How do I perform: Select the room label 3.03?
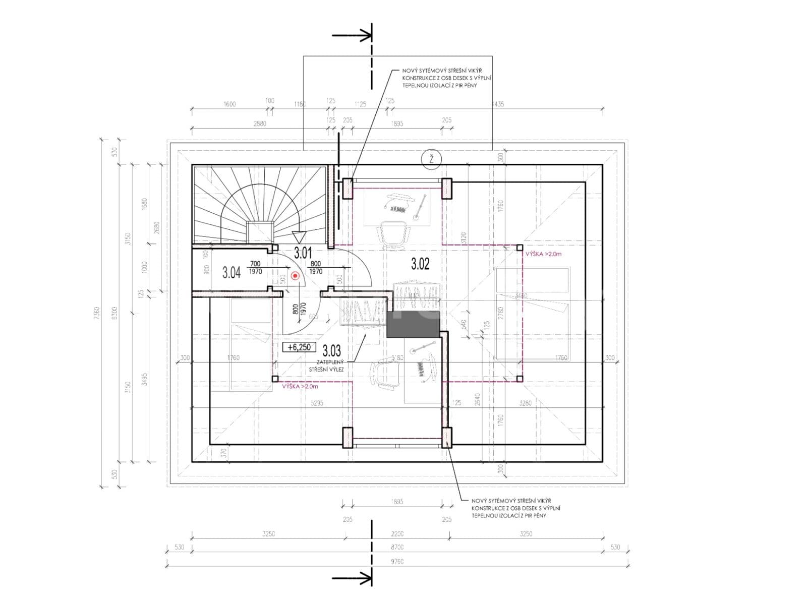332,350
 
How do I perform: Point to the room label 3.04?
232,273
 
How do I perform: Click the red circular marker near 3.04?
295,276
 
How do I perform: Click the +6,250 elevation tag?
299,347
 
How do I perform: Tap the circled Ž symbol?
431,159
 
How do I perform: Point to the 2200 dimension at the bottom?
397,534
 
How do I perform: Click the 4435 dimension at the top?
497,104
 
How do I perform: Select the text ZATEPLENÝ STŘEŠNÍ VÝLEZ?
327,366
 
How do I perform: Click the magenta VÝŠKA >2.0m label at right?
543,254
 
